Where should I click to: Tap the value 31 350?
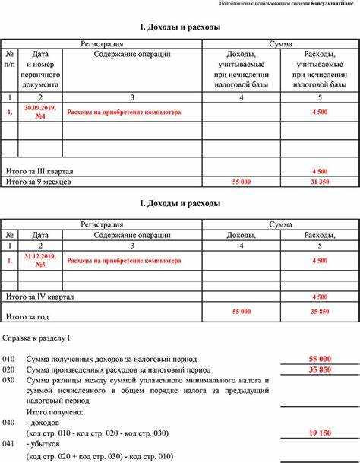point(319,182)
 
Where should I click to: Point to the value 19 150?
point(319,432)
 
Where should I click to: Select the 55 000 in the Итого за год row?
point(241,312)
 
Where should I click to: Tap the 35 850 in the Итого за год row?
point(319,312)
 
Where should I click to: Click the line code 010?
point(8,358)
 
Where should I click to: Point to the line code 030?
point(8,379)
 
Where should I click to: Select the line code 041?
point(8,442)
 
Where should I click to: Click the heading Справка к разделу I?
point(38,336)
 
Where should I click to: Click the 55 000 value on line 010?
point(319,358)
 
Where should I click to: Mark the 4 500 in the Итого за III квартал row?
point(319,171)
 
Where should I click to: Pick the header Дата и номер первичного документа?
point(40,70)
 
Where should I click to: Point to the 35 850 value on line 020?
point(319,369)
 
